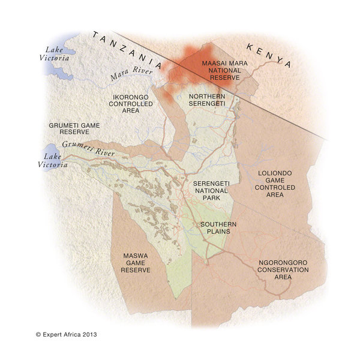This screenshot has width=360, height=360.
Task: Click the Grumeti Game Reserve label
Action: [74, 128]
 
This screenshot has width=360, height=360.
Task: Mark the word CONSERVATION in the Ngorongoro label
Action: [283, 270]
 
